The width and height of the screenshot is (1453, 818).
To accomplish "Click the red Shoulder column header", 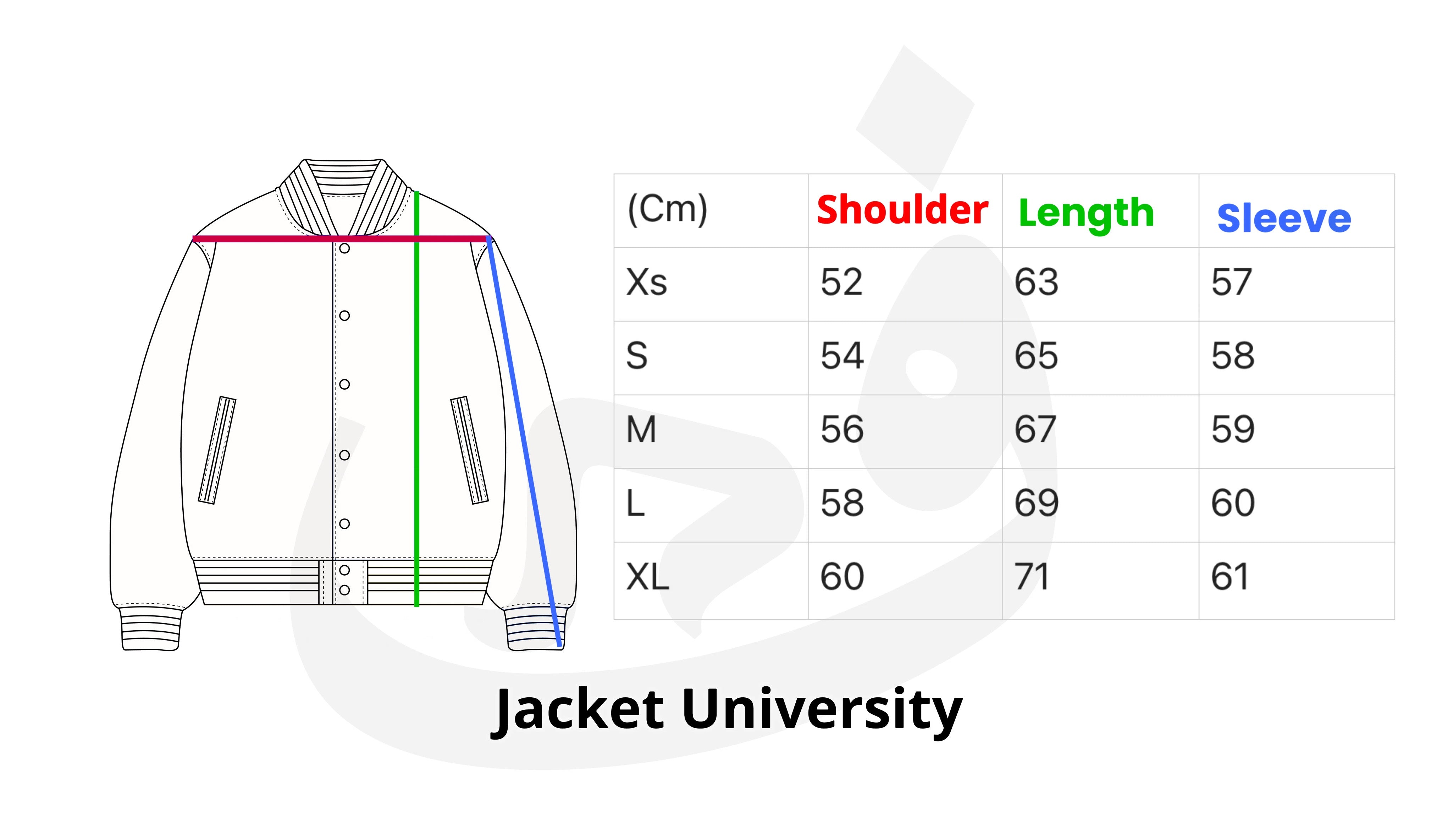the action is click(902, 210).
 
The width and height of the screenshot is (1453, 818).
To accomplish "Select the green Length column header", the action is click(1086, 214).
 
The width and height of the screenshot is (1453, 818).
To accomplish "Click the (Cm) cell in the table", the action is click(667, 209).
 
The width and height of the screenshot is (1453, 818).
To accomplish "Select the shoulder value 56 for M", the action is click(841, 429).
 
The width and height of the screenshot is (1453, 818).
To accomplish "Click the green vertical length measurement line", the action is click(417, 399).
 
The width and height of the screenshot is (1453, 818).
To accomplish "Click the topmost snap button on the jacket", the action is click(345, 248).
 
